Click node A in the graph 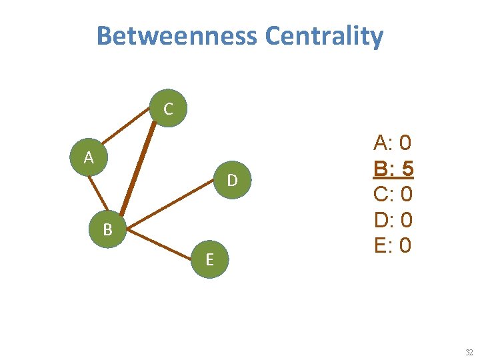(89, 159)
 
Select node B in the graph (107, 230)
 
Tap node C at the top (168, 109)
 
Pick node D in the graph (231, 180)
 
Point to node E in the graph (209, 259)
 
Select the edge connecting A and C (127, 134)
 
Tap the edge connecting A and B (98, 194)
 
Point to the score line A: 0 (393, 142)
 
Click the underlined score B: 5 (393, 169)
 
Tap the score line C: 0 (393, 194)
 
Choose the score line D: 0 (393, 220)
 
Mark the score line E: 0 (393, 245)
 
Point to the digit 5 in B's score (406, 169)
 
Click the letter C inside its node (168, 109)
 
